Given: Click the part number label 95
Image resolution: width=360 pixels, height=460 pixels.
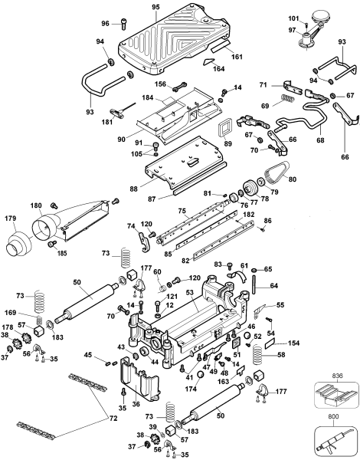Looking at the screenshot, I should click(x=155, y=7).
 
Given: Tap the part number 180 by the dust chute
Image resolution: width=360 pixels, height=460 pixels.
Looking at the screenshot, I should click(x=35, y=205).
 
